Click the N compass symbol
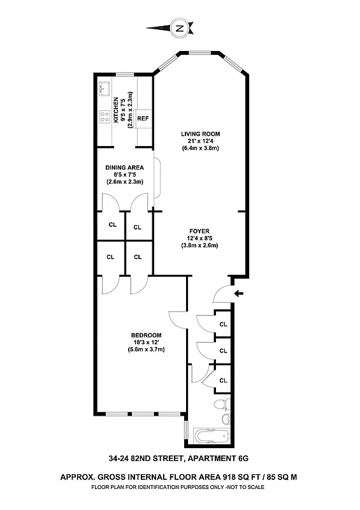[180, 28]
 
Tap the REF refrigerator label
[143, 119]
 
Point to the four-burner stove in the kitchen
[104, 117]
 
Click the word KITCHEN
[116, 110]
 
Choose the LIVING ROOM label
[200, 134]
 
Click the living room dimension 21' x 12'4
[200, 141]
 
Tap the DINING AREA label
[125, 168]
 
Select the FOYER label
[199, 231]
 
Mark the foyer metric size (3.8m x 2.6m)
[199, 245]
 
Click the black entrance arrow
[238, 294]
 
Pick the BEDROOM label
[146, 335]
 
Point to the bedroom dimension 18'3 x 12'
[146, 342]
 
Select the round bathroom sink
[226, 419]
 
